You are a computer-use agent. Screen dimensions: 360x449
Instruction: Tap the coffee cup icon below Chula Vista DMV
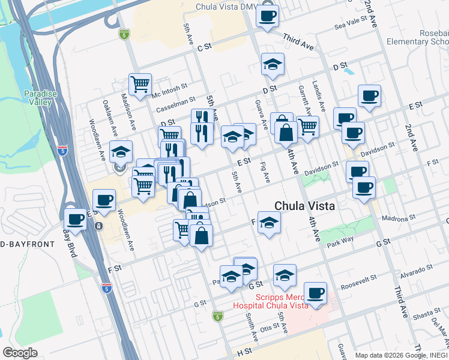(x=267, y=16)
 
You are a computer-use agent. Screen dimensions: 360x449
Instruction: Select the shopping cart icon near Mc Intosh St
(x=140, y=85)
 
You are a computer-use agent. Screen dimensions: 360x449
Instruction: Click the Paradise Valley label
(x=40, y=97)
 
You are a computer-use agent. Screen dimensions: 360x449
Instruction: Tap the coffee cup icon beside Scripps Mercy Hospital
(x=315, y=293)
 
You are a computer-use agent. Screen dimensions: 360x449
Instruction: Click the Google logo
(x=20, y=353)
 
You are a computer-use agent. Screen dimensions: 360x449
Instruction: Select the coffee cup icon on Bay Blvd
(x=76, y=220)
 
